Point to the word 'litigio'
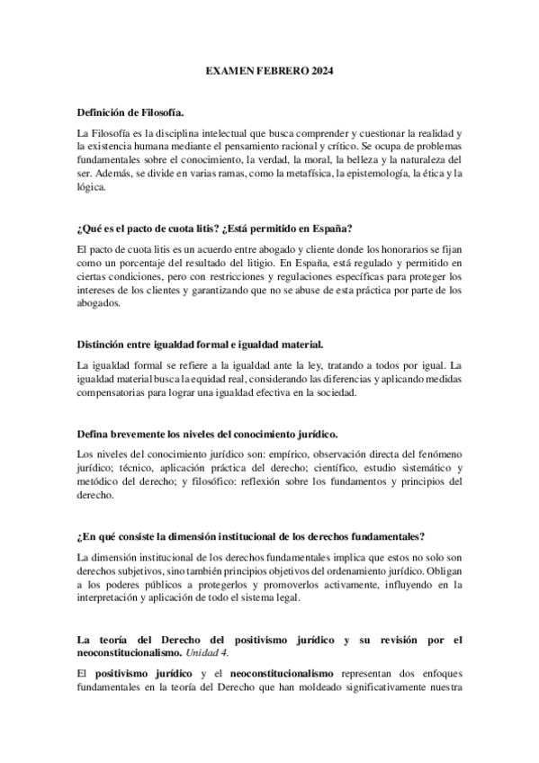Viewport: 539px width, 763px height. click(289, 261)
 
